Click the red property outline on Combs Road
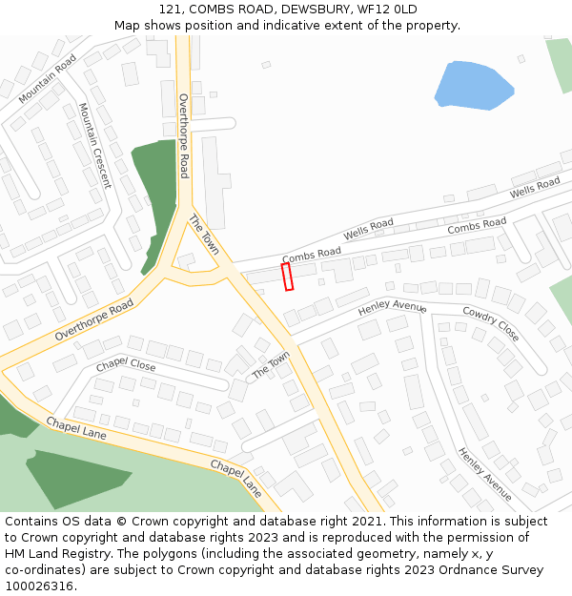pos(288,277)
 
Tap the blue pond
pos(472,84)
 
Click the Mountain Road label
pos(48,77)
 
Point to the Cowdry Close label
pos(490,323)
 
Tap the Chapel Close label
pos(125,365)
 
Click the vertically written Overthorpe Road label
pos(184,135)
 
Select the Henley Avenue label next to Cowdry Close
pos(392,308)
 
